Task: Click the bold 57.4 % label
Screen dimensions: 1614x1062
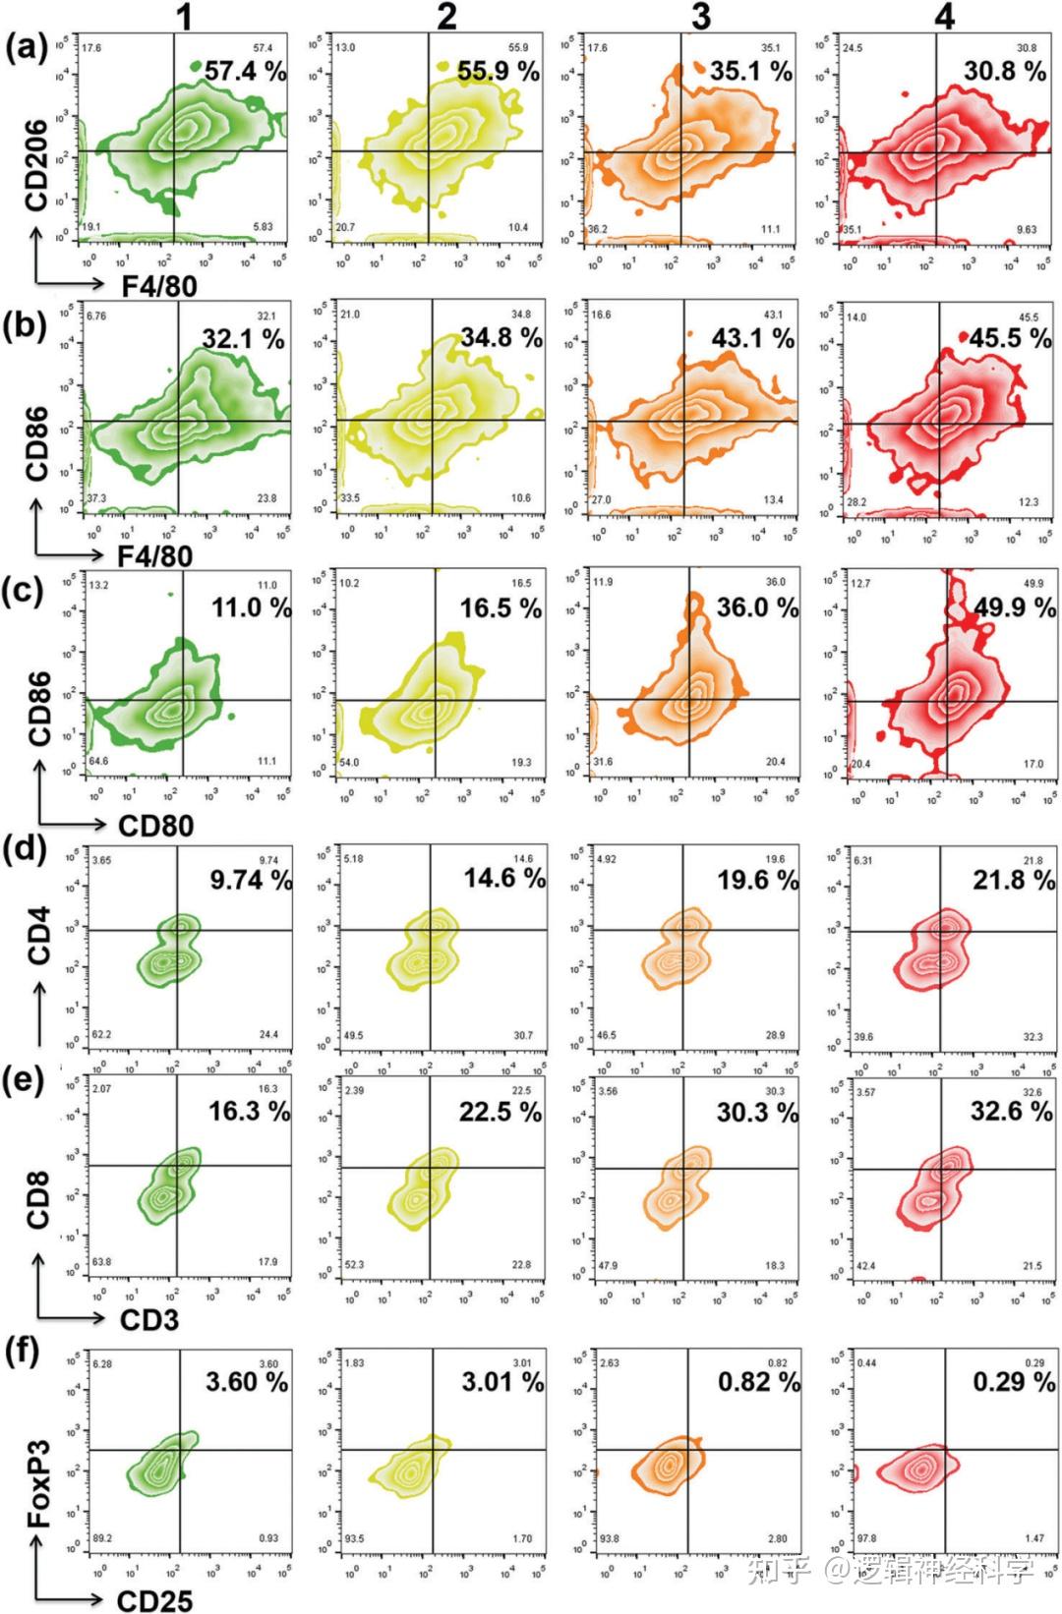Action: coord(245,71)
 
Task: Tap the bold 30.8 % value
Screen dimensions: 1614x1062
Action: coord(1004,71)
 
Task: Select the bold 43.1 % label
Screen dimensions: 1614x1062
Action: coord(752,339)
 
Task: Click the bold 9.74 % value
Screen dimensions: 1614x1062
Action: coord(251,880)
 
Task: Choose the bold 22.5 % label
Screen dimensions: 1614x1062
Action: coord(501,1112)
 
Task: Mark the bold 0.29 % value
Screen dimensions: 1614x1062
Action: coord(1014,1382)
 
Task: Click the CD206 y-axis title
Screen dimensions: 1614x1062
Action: coord(36,164)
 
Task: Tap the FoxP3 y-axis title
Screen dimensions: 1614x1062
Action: coord(38,1483)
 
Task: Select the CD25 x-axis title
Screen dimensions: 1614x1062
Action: coord(154,1600)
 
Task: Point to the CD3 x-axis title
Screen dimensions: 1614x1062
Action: coord(149,1319)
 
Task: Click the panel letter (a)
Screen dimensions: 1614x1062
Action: coord(26,47)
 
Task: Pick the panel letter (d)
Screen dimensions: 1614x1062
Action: coord(26,848)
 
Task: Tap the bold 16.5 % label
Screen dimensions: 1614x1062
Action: coord(501,608)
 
